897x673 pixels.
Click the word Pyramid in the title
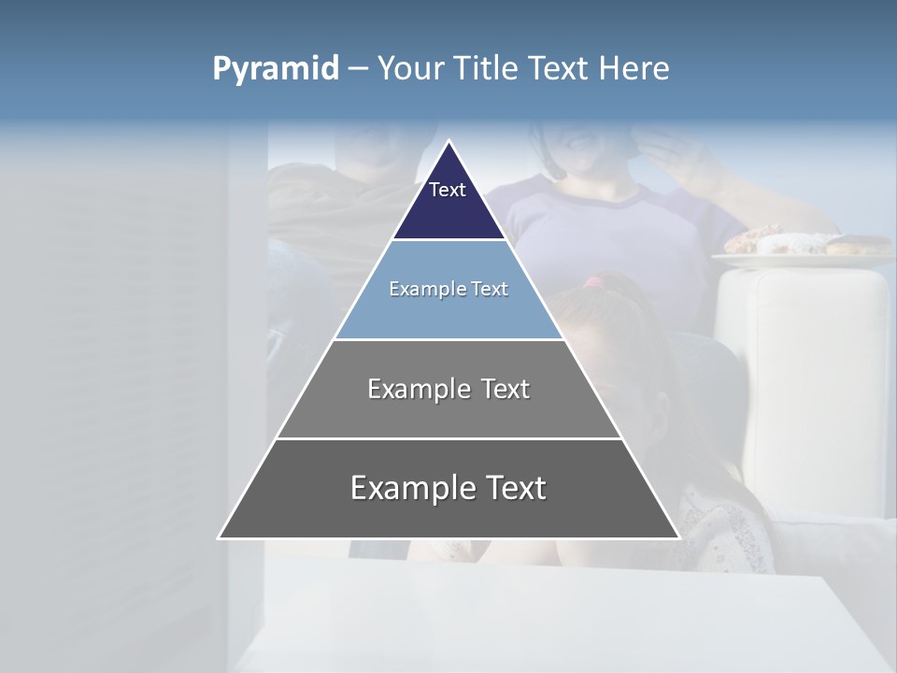[276, 69]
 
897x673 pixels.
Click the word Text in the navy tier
[448, 190]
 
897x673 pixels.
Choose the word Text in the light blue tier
[490, 289]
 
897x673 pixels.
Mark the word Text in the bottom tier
[512, 488]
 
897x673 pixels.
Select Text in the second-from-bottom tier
[505, 389]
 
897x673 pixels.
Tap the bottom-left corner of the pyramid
[220, 537]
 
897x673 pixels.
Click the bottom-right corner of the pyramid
[678, 537]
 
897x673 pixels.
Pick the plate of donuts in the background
[804, 245]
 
